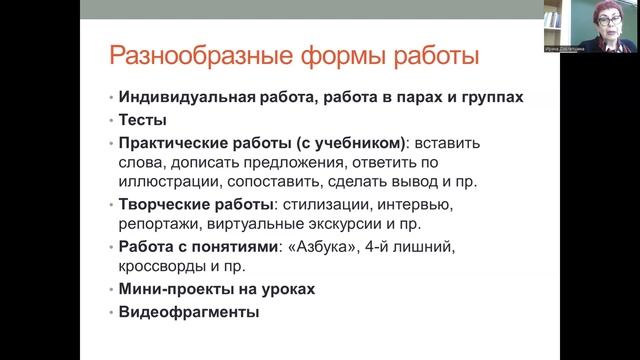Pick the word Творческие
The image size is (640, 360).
pos(165,204)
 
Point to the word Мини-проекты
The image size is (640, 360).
pos(174,289)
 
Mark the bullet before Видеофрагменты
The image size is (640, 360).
pos(112,312)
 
